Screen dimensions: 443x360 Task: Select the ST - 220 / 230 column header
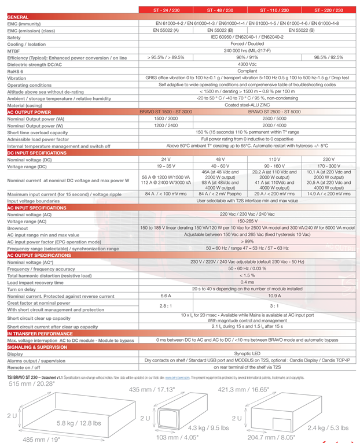[x=329, y=10]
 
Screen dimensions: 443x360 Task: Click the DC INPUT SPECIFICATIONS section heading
[x=37, y=153]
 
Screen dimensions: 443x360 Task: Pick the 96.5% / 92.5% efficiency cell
[x=329, y=57]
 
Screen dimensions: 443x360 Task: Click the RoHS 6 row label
[x=16, y=71]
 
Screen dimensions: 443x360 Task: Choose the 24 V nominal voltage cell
[x=166, y=159]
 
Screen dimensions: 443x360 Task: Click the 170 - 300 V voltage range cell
[x=329, y=166]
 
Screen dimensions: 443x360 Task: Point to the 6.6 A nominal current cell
[x=166, y=295]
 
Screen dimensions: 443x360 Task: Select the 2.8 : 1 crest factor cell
[x=166, y=305]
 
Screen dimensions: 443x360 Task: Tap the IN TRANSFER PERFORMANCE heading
[x=41, y=334]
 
